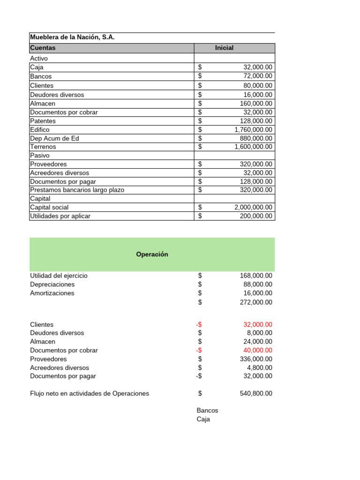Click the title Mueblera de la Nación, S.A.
click(x=72, y=37)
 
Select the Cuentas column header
click(x=43, y=48)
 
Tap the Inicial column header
click(x=224, y=48)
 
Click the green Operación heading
click(x=152, y=255)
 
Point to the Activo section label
click(x=39, y=59)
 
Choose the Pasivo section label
click(x=40, y=155)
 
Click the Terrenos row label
click(x=43, y=147)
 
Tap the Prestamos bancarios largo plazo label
click(x=77, y=190)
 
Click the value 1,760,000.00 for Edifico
click(x=253, y=130)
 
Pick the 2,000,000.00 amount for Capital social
click(x=253, y=207)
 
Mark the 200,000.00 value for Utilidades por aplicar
click(x=256, y=216)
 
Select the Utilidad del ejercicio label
click(x=59, y=276)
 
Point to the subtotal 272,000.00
click(x=256, y=302)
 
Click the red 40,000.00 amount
click(x=257, y=350)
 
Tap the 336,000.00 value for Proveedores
click(x=256, y=359)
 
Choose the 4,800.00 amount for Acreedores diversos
click(x=259, y=368)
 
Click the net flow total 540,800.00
click(x=256, y=394)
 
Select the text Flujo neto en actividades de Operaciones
click(x=90, y=394)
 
